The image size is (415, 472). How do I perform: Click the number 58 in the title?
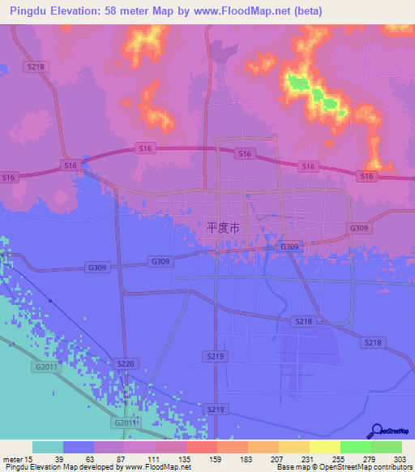pyautogui.click(x=124, y=11)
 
